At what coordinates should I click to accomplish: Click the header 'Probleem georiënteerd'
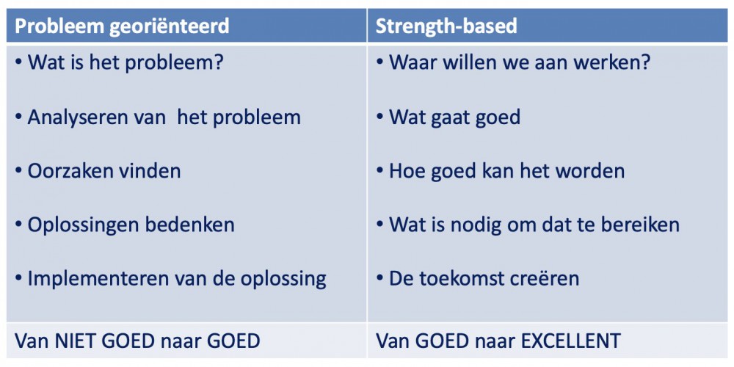tap(122, 26)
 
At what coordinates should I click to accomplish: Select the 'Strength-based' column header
tap(446, 26)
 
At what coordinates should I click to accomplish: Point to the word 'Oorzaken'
tap(67, 171)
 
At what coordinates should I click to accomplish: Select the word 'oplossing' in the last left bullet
tap(283, 280)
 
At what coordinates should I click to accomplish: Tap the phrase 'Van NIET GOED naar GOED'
tap(138, 341)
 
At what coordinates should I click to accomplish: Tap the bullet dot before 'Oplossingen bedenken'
tap(19, 225)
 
